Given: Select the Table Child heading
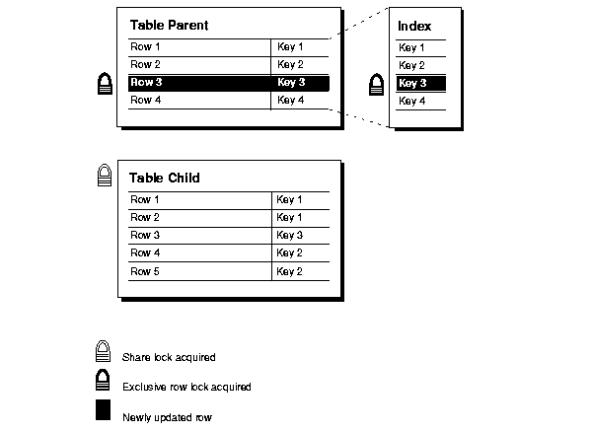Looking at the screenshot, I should (x=164, y=179).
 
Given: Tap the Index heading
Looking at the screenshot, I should (x=414, y=26).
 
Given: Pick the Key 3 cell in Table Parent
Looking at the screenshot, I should (x=291, y=83).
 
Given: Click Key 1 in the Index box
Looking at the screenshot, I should (x=412, y=47).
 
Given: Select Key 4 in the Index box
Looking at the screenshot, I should (x=412, y=101).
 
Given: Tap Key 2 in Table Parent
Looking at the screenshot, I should (x=291, y=65).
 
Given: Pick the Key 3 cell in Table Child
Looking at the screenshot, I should (x=290, y=236).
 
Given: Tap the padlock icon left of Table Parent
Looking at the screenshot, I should (x=104, y=84).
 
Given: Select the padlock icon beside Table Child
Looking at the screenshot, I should (x=104, y=176).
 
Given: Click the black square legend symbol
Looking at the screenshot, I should (x=103, y=412).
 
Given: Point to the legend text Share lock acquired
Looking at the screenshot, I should (x=169, y=357).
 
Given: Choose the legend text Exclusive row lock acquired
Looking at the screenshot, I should (x=186, y=387).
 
